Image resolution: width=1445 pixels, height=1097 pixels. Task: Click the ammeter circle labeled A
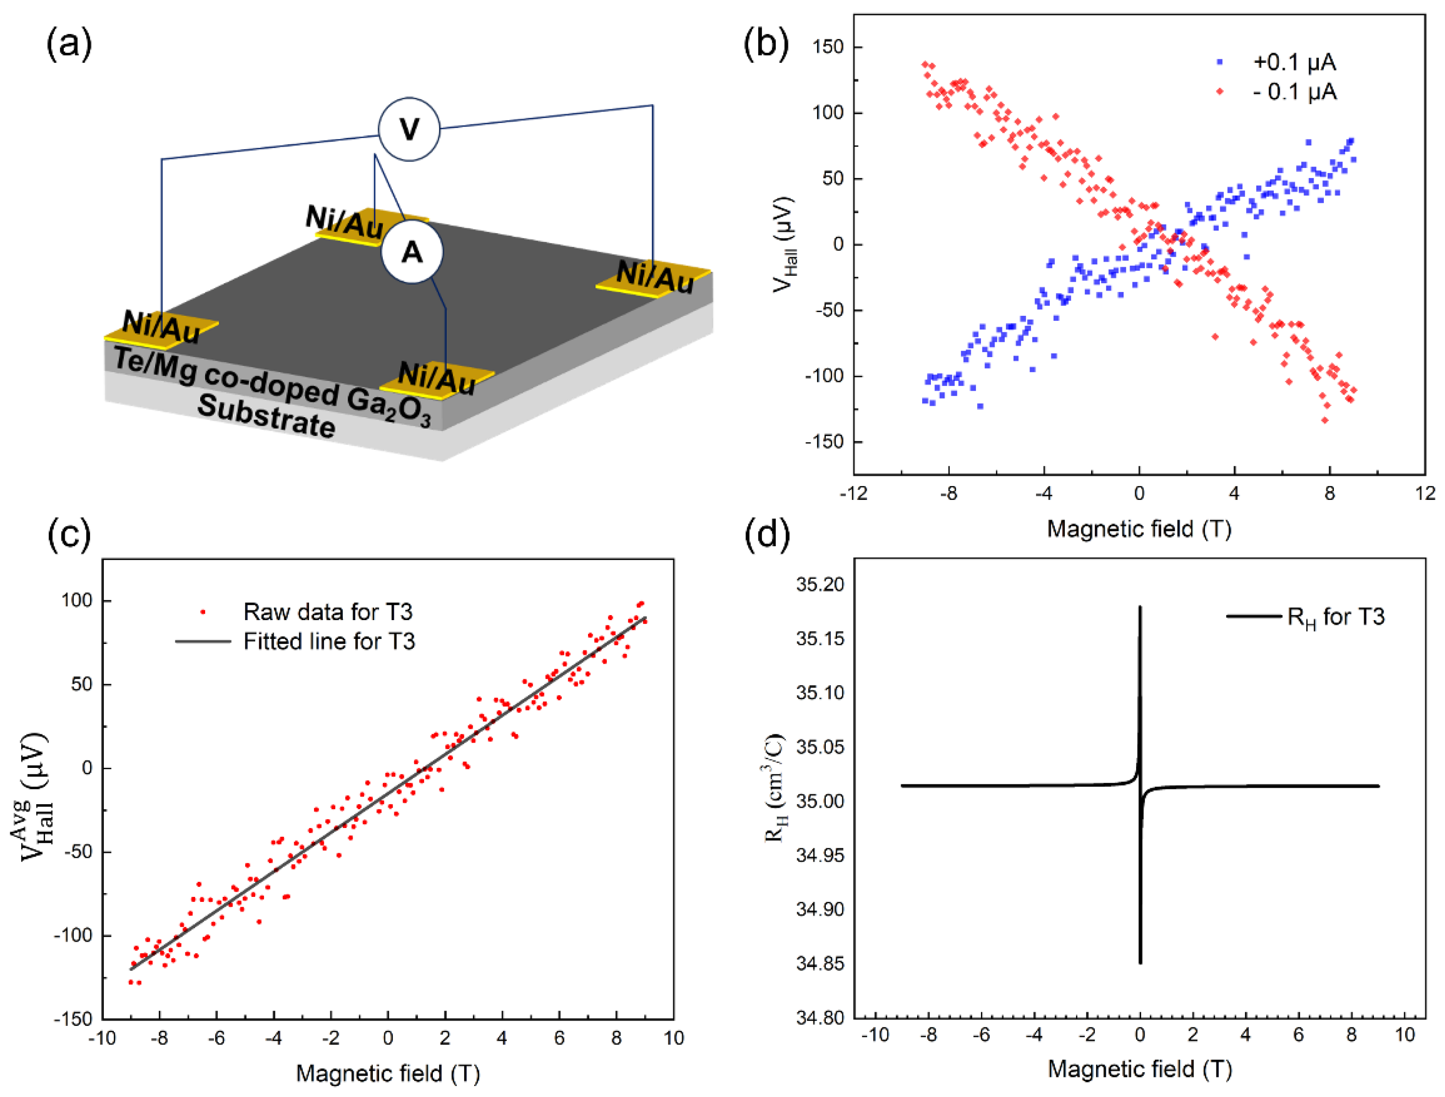[x=412, y=252]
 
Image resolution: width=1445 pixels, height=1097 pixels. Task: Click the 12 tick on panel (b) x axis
[x=1424, y=493]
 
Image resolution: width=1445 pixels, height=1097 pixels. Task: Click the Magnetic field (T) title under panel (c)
[x=387, y=1073]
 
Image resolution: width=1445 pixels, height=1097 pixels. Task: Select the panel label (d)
[x=767, y=533]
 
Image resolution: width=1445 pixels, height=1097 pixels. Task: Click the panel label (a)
[x=68, y=45]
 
